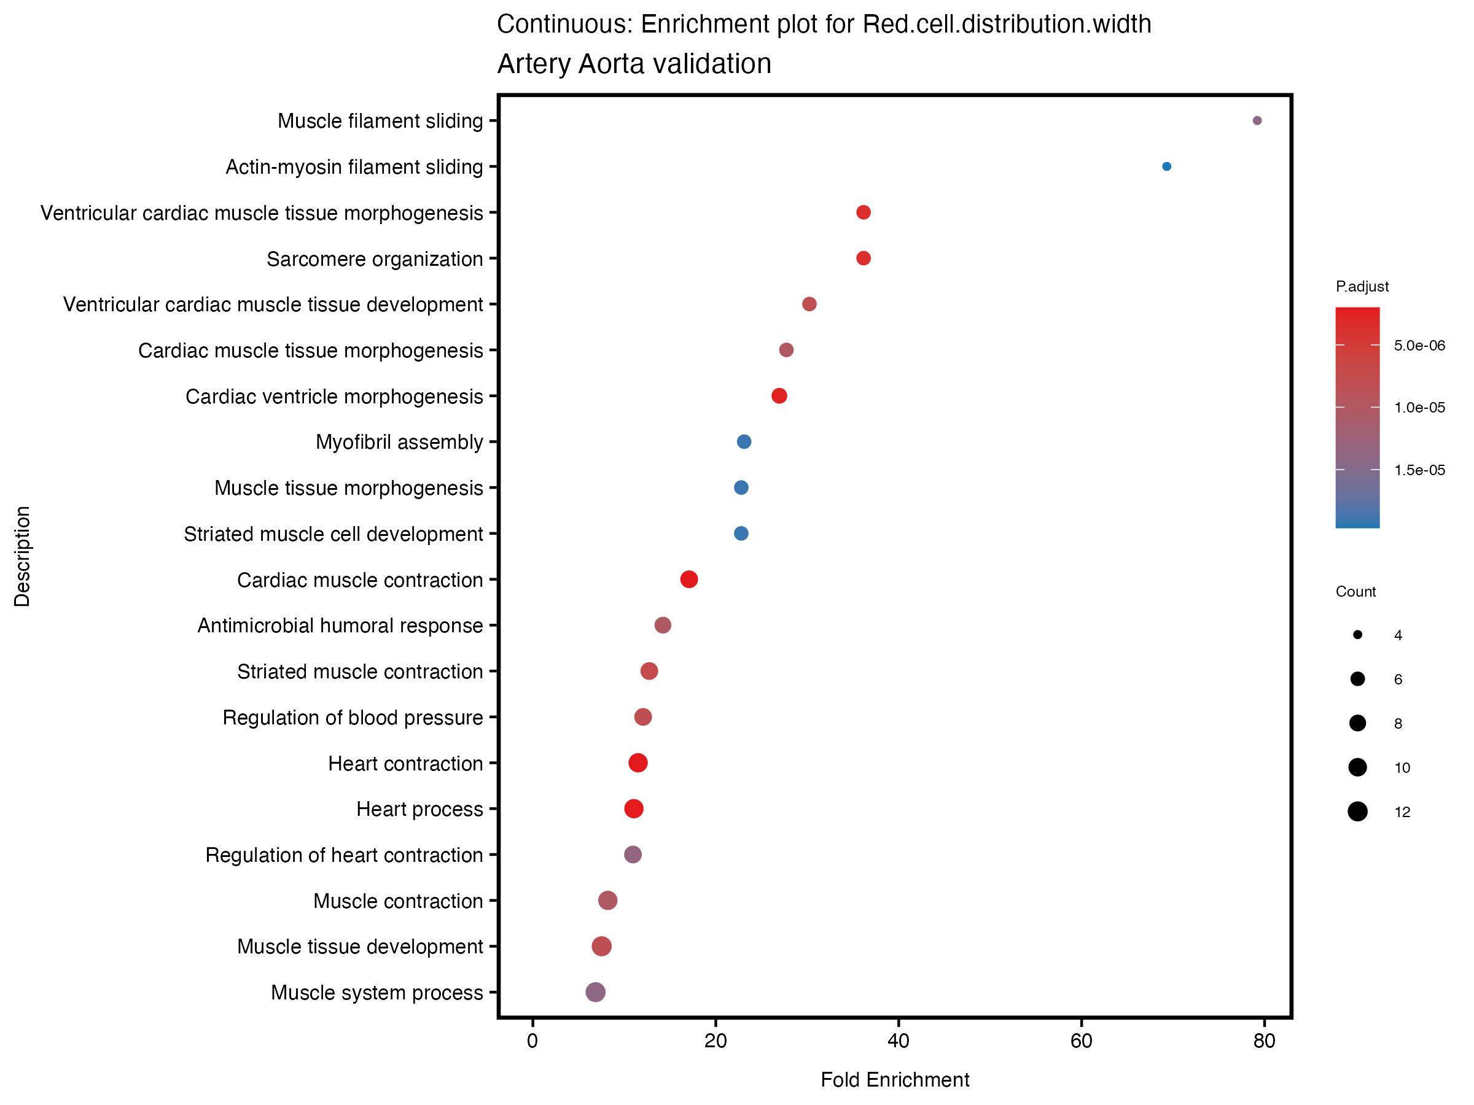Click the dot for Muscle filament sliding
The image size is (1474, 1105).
[x=1257, y=120]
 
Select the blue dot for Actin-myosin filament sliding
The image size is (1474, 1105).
[x=1166, y=166]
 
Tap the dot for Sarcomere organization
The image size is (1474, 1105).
[x=863, y=258]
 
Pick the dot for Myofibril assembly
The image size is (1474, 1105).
[x=744, y=441]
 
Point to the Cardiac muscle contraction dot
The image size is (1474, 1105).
[x=689, y=580]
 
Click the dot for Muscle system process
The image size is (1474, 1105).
[x=595, y=992]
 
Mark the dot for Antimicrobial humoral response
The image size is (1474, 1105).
[x=662, y=625]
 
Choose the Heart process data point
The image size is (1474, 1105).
[x=634, y=808]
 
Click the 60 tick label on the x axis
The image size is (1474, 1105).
[x=1081, y=1041]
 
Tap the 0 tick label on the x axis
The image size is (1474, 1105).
[x=532, y=1041]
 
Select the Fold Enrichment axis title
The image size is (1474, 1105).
[x=894, y=1080]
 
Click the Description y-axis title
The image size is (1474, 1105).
[x=22, y=556]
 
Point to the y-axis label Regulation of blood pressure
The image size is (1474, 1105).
[x=353, y=718]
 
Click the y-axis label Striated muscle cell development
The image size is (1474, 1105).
[x=333, y=534]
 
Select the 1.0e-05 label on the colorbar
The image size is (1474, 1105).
[x=1419, y=408]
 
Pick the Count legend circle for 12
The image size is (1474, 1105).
[x=1357, y=812]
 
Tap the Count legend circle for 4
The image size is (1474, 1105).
[x=1357, y=635]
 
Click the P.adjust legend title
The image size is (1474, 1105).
[x=1362, y=287]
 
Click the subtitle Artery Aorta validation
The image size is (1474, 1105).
[x=634, y=64]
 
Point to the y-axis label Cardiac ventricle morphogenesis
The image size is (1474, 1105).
[x=334, y=397]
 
